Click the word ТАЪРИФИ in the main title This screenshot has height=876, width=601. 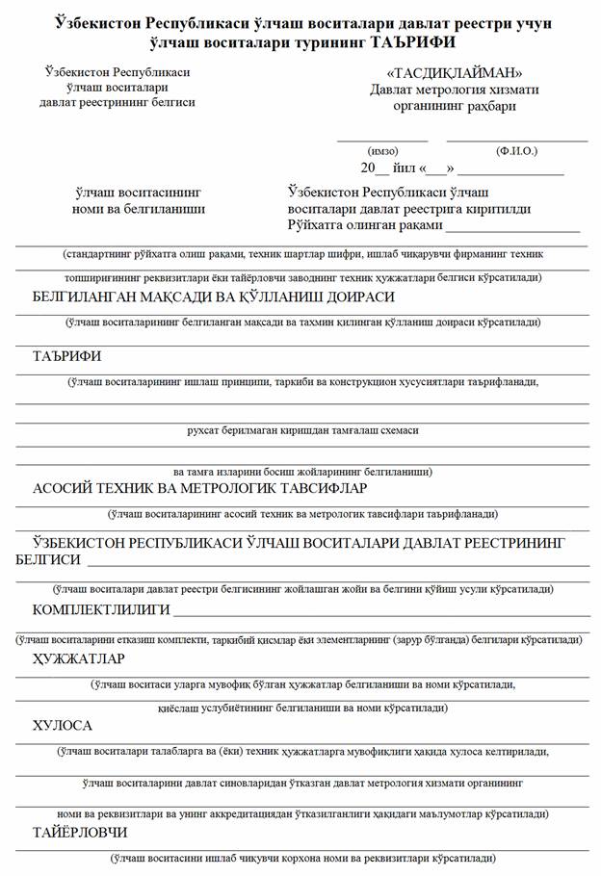click(405, 43)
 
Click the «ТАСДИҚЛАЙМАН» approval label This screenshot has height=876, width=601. click(455, 73)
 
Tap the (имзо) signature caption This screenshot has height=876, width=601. click(382, 151)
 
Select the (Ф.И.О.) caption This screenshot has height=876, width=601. click(517, 151)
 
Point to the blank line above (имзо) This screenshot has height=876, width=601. click(382, 142)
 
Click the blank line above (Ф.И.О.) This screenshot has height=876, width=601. click(517, 142)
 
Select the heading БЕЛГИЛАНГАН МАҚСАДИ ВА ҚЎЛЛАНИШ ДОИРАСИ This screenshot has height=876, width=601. click(214, 297)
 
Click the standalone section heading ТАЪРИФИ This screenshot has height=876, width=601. click(67, 356)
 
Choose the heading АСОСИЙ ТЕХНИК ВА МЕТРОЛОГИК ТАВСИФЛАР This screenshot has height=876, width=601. click(208, 488)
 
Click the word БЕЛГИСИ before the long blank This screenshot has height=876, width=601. click(48, 560)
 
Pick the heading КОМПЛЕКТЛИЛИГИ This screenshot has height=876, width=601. click(101, 610)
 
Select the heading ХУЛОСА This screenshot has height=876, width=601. click(63, 726)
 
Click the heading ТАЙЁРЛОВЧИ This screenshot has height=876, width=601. click(80, 832)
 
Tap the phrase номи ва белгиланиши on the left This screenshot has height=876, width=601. click(139, 208)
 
